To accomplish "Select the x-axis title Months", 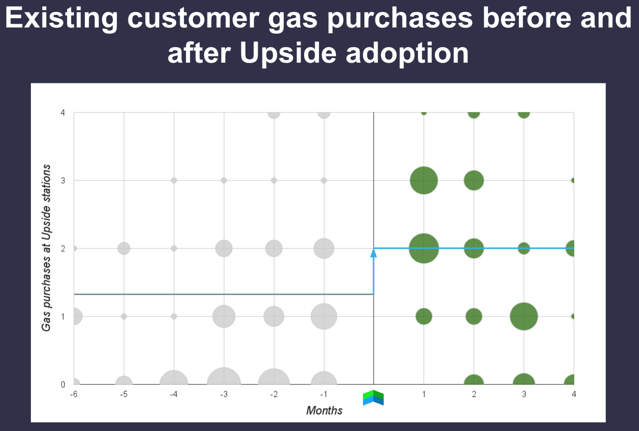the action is click(324, 410).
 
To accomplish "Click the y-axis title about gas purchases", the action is click(46, 248).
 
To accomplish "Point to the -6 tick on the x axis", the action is click(73, 394).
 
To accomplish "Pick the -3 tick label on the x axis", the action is click(224, 394).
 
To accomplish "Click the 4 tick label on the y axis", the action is click(63, 113).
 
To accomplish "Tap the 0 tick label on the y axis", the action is click(63, 385).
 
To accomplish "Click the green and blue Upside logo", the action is click(373, 398).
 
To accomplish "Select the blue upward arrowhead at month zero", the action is click(374, 253).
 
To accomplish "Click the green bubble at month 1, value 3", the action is click(424, 180).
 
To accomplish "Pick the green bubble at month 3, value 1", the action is click(524, 316).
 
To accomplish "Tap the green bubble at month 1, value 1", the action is click(424, 316).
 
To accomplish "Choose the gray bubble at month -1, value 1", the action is click(324, 316).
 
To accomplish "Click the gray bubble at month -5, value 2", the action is click(124, 248).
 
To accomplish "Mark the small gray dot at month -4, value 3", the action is click(174, 180).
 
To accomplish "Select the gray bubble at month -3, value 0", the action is click(224, 376).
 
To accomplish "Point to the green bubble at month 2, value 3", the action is click(474, 180).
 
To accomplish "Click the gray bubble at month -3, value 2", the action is click(224, 248).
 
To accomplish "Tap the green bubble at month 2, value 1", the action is click(474, 316).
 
